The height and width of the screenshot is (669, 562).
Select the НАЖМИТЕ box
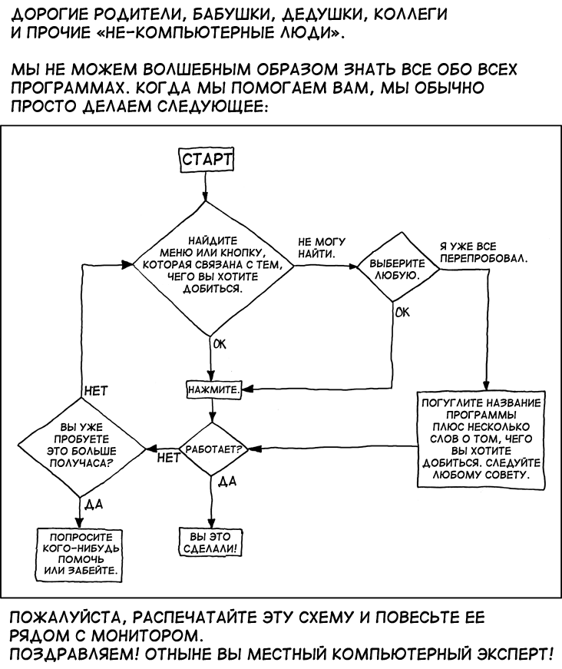pyautogui.click(x=214, y=389)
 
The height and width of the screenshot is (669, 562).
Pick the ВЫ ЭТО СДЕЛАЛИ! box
pyautogui.click(x=210, y=542)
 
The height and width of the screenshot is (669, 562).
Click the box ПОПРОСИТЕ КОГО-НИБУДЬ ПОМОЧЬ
pyautogui.click(x=79, y=555)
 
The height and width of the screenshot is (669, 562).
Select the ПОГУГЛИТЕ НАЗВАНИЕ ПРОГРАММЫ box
pyautogui.click(x=481, y=439)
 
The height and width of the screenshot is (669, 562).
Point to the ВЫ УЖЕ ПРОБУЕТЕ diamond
pyautogui.click(x=81, y=447)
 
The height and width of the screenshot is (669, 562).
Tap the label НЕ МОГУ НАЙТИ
pyautogui.click(x=322, y=248)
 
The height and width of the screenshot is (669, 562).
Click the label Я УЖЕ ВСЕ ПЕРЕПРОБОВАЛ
pyautogui.click(x=484, y=253)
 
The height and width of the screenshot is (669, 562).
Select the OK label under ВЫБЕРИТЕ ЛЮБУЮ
pyautogui.click(x=402, y=313)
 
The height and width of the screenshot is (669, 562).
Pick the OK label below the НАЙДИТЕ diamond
pyautogui.click(x=220, y=344)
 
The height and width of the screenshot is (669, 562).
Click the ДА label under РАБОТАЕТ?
pyautogui.click(x=226, y=482)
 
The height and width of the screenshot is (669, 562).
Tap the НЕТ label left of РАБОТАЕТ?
pyautogui.click(x=169, y=459)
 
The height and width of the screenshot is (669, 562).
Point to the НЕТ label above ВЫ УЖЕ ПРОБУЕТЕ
pyautogui.click(x=97, y=391)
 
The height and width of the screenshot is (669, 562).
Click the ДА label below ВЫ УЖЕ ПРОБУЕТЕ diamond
pyautogui.click(x=94, y=505)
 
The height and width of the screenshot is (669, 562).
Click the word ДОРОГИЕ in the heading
pyautogui.click(x=51, y=15)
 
